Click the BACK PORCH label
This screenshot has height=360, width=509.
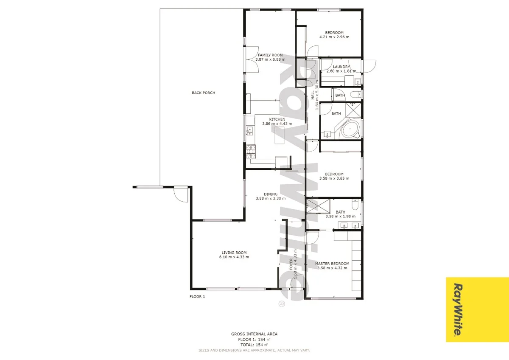(x=203, y=93)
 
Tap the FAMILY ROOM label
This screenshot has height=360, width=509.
(x=270, y=55)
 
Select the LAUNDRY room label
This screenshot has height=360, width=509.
(x=341, y=67)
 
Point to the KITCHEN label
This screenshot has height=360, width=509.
(x=277, y=119)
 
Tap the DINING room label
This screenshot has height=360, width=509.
(x=270, y=194)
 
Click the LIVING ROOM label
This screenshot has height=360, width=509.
(x=234, y=252)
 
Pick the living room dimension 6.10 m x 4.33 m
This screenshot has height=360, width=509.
(x=234, y=257)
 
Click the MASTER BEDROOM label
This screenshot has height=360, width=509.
(x=332, y=264)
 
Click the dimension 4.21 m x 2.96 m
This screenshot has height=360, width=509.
(x=334, y=37)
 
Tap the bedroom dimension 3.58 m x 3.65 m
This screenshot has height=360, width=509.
(x=334, y=178)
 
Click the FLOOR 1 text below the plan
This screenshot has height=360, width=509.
(x=197, y=297)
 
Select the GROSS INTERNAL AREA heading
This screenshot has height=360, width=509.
(x=255, y=334)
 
